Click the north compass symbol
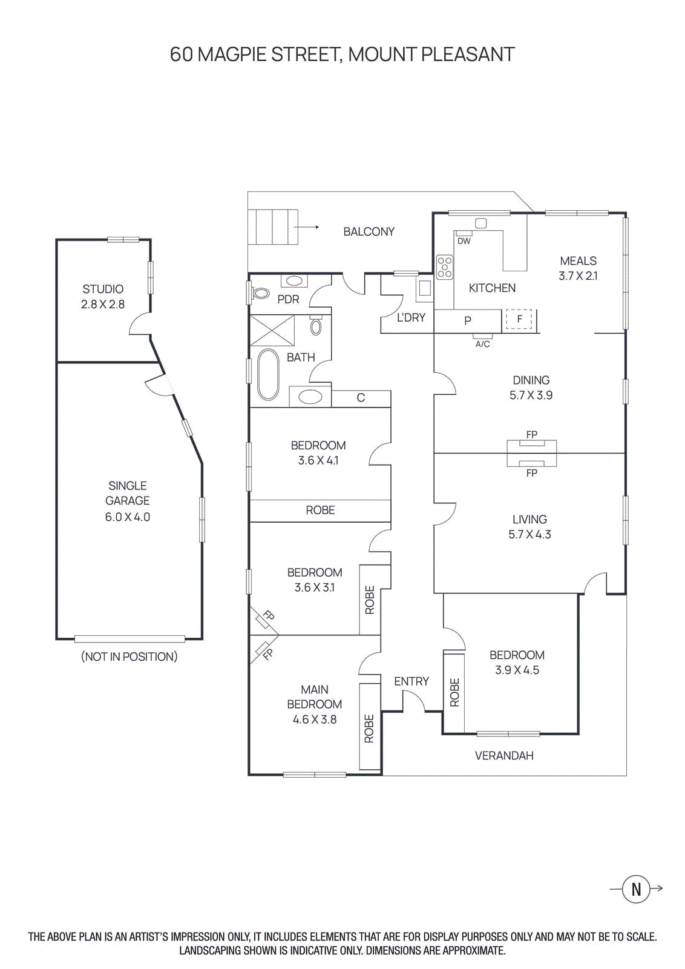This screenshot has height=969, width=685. (x=636, y=888)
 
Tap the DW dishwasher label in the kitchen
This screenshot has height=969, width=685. (x=464, y=240)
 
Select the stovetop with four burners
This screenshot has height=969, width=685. (x=445, y=267)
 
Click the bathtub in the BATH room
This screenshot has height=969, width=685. (x=268, y=374)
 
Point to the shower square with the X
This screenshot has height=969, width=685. (x=272, y=331)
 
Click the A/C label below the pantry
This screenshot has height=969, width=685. (x=482, y=344)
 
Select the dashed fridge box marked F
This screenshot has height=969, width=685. (x=519, y=319)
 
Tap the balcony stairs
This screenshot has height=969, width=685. (x=274, y=227)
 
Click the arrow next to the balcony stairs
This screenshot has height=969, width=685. (x=310, y=227)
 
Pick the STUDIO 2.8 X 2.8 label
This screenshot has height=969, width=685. (x=103, y=297)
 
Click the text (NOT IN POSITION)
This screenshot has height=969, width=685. (x=129, y=656)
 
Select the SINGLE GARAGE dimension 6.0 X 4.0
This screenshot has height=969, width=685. (x=128, y=517)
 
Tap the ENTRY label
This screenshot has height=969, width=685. (x=411, y=681)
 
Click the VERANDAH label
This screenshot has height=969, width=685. (x=504, y=755)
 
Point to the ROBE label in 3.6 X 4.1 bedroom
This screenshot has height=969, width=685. (x=320, y=510)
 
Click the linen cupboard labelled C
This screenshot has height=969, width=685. (x=361, y=398)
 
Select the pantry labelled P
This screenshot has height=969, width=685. (x=468, y=320)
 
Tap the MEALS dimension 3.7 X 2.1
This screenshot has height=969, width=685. (x=578, y=276)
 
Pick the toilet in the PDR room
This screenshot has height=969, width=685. (x=261, y=293)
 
